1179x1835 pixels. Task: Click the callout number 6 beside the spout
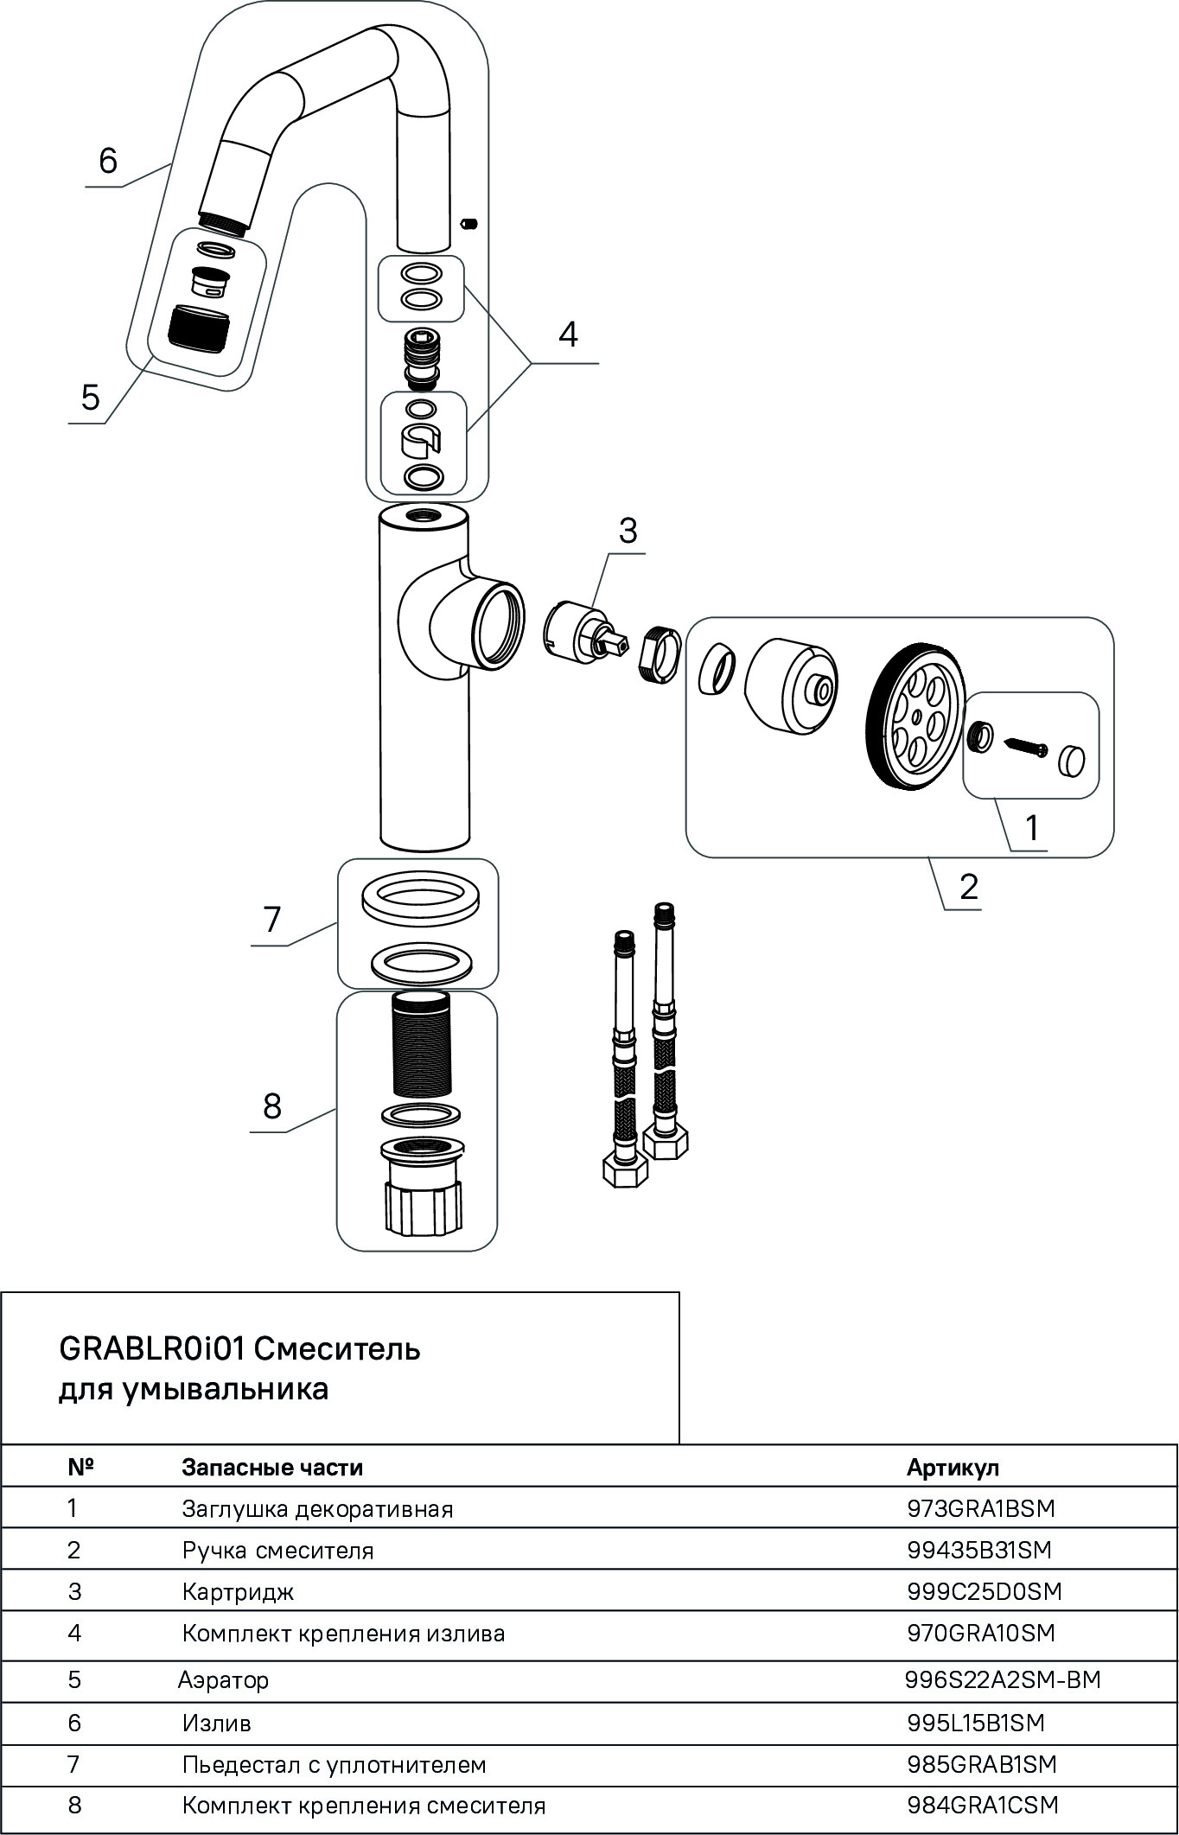coord(108,161)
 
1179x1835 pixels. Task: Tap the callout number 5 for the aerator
coord(90,398)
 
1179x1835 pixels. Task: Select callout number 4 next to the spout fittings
coord(567,335)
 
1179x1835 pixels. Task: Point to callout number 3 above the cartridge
coord(628,531)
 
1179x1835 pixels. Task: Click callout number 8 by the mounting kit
coord(272,1105)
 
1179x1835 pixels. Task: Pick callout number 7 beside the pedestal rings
coord(272,920)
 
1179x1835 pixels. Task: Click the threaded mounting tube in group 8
coord(421,1047)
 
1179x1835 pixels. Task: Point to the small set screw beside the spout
coord(470,225)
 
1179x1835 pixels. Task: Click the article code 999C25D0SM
coord(984,1591)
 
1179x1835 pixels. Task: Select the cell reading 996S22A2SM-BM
coord(1003,1680)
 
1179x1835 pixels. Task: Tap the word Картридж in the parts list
coord(238,1591)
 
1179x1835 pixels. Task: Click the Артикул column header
coord(953,1468)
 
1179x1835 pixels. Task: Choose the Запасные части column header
coord(272,1468)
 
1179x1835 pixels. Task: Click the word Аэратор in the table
coord(223,1680)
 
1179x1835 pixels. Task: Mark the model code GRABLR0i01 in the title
coord(153,1348)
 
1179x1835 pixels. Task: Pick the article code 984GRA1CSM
coord(983,1805)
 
